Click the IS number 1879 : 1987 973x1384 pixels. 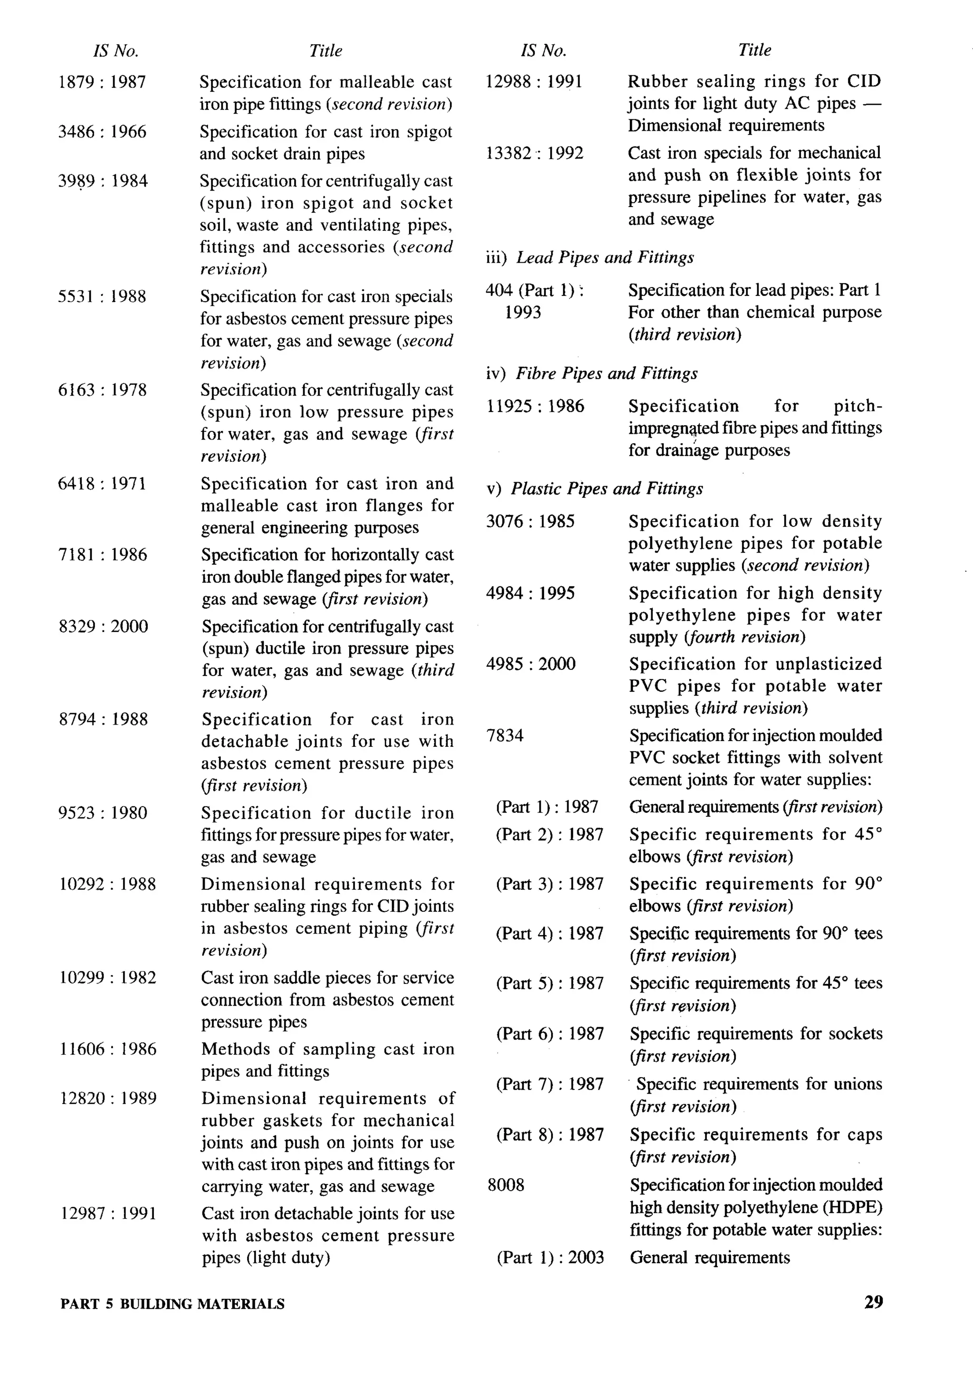click(102, 82)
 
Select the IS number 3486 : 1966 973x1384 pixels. click(102, 132)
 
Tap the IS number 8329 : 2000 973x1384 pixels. click(103, 626)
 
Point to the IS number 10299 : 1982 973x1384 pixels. click(107, 977)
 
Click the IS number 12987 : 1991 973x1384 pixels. click(108, 1213)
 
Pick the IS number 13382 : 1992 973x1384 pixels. click(534, 153)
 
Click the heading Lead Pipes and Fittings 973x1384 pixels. click(605, 258)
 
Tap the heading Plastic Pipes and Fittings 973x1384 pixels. click(607, 488)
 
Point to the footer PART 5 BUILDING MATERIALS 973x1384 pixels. click(172, 1304)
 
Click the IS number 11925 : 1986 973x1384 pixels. click(535, 406)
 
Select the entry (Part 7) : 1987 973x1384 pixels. click(550, 1084)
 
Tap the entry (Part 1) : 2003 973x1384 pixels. click(550, 1258)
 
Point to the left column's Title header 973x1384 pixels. click(325, 51)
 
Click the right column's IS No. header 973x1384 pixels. click(543, 51)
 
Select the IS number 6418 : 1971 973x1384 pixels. click(102, 484)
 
